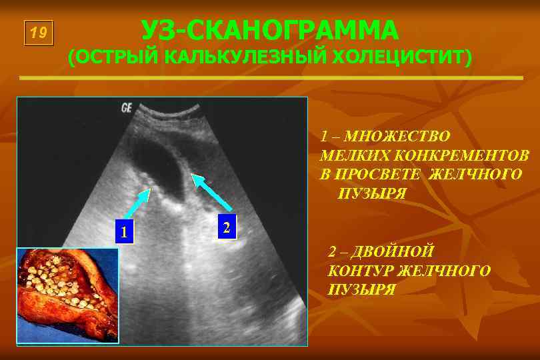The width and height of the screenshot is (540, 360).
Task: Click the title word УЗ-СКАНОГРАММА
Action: pos(270,30)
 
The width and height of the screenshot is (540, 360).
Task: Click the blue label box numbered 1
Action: pos(123,231)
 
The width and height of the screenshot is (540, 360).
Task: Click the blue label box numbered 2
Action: pos(227,227)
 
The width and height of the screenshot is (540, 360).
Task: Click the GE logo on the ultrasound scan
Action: pos(127,107)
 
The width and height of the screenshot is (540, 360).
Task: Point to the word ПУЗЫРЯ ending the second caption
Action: pos(362,289)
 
